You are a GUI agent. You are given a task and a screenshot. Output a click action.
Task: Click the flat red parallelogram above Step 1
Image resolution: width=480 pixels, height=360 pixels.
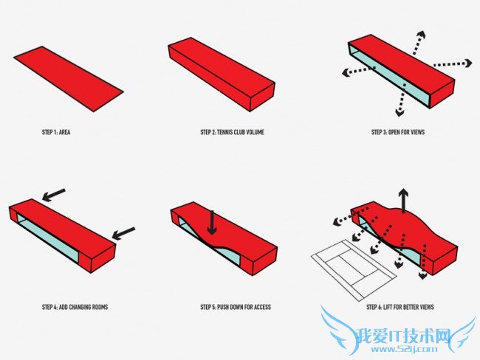(69, 79)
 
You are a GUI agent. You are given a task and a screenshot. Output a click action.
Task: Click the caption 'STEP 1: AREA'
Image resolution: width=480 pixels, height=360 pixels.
(56, 132)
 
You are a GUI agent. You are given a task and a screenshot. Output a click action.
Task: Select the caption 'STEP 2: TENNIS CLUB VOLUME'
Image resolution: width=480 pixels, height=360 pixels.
(232, 132)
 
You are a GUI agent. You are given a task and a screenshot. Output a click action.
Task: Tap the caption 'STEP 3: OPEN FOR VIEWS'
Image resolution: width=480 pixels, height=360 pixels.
(398, 132)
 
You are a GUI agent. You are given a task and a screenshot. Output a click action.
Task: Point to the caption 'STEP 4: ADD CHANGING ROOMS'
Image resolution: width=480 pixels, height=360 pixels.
(75, 307)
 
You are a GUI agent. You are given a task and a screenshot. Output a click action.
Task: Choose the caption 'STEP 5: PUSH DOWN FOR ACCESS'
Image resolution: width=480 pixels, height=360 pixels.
(236, 307)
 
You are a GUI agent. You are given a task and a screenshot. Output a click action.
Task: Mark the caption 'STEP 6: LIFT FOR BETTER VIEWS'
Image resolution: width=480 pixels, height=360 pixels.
(400, 307)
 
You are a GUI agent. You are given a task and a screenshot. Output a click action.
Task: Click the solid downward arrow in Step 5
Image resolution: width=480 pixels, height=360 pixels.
(212, 223)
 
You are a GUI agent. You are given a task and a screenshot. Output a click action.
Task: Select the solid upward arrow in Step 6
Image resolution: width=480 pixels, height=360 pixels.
(404, 201)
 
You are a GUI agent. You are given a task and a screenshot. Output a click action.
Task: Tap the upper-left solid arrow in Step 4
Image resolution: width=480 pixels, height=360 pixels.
(54, 195)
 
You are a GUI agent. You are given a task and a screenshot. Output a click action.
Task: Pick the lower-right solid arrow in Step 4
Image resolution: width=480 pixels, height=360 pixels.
(123, 233)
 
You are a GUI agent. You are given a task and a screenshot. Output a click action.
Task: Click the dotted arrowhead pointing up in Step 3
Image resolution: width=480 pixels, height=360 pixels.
(421, 35)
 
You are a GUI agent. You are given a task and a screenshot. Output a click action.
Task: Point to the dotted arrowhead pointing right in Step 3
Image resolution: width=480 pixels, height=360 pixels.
(468, 63)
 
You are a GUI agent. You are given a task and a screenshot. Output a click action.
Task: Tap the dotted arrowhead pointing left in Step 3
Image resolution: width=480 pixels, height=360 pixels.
(346, 73)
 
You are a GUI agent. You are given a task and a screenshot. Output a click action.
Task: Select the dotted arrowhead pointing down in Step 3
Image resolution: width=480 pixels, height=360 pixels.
(400, 112)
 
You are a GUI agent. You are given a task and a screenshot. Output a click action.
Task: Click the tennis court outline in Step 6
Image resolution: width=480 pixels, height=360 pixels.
(354, 269)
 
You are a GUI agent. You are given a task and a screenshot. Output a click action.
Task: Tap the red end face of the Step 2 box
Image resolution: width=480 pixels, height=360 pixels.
(262, 97)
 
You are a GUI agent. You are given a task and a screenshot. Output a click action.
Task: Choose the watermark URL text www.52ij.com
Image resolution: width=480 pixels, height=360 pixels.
(404, 349)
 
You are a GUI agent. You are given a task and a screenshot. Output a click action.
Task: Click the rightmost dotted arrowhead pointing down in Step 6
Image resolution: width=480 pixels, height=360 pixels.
(422, 275)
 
